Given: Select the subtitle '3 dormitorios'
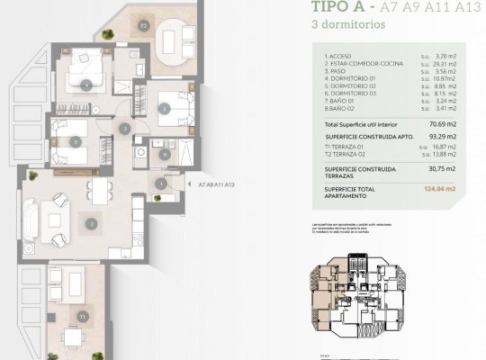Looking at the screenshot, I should coord(349,25).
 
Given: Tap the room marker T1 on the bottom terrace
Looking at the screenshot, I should coord(83,317).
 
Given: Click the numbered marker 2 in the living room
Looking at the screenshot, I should coord(90,223).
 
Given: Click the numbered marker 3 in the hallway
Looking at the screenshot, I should coord(125,130).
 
